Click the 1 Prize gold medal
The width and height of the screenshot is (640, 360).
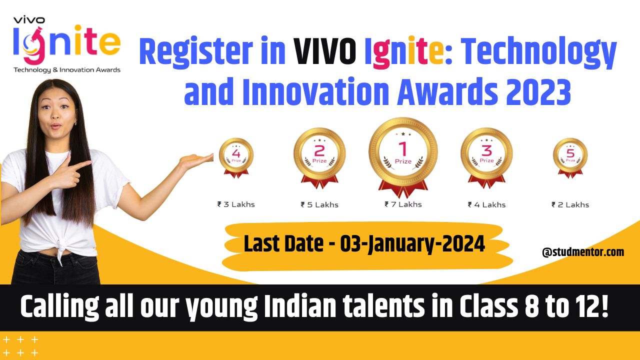tap(403, 152)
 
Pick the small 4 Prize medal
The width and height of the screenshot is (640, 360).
tap(236, 155)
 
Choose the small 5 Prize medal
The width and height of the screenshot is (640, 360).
tap(570, 155)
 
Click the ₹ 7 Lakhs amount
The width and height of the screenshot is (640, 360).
tap(403, 204)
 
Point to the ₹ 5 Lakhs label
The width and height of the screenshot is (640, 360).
tap(319, 204)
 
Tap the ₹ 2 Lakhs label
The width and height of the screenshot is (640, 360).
tap(570, 204)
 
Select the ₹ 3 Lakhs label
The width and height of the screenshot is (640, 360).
tap(236, 204)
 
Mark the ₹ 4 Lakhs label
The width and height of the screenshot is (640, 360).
tap(486, 204)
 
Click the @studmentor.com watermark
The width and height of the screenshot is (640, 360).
tap(583, 252)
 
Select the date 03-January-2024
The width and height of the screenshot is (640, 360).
tap(412, 244)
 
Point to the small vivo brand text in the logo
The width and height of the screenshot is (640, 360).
tap(29, 20)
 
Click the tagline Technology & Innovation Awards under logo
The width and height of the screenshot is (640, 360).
tap(67, 70)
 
